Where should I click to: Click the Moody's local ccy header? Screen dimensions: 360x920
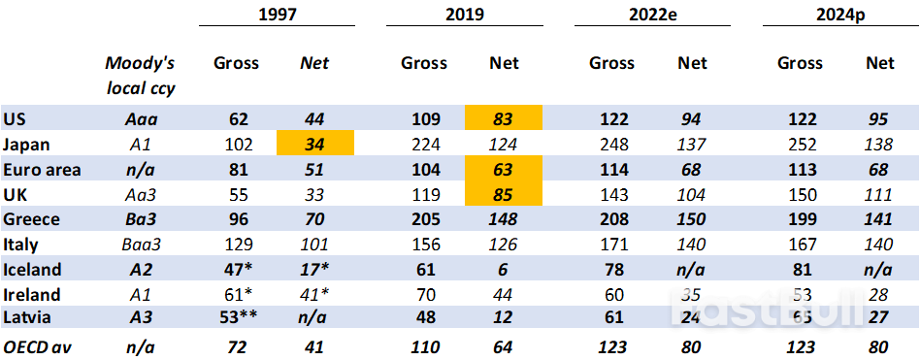(140, 76)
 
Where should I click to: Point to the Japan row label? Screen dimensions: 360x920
(27, 145)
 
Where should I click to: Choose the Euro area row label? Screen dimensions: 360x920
(42, 170)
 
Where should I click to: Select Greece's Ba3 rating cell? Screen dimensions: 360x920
(141, 219)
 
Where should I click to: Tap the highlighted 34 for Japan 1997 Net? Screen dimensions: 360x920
(314, 145)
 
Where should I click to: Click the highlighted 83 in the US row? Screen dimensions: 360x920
(503, 119)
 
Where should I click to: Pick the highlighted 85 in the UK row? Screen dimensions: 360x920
(503, 194)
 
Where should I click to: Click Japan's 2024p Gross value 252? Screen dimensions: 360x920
(800, 145)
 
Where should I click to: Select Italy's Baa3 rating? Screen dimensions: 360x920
(141, 245)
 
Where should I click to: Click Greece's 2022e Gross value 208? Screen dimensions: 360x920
(611, 219)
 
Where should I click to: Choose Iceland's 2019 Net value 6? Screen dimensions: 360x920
(503, 270)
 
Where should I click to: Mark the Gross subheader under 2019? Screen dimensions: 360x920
(424, 63)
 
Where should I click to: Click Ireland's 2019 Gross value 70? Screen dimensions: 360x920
(424, 294)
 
